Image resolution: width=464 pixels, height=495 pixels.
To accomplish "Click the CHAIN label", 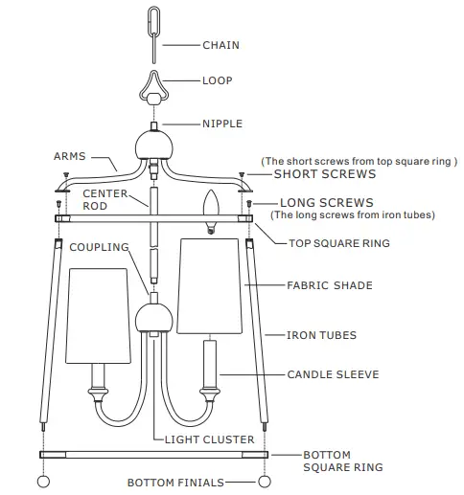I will tap(220, 45).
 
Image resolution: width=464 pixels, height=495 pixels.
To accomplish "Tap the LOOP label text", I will tap(217, 81).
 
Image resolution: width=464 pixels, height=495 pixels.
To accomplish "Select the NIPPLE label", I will tap(222, 124).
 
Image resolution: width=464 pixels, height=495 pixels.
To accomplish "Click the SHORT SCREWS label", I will tap(325, 175).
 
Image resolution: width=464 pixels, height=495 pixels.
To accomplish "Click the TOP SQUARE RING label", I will tap(339, 243).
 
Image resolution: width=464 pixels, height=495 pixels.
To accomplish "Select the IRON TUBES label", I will tap(323, 335).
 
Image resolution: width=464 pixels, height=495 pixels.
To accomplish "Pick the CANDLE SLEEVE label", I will tap(333, 374).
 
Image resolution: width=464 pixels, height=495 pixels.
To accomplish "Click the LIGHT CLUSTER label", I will tap(210, 439).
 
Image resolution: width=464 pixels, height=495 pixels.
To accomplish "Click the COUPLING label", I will tap(99, 247).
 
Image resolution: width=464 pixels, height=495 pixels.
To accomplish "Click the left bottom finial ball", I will tap(42, 481).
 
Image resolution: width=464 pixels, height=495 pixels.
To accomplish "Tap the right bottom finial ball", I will tap(265, 481).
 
